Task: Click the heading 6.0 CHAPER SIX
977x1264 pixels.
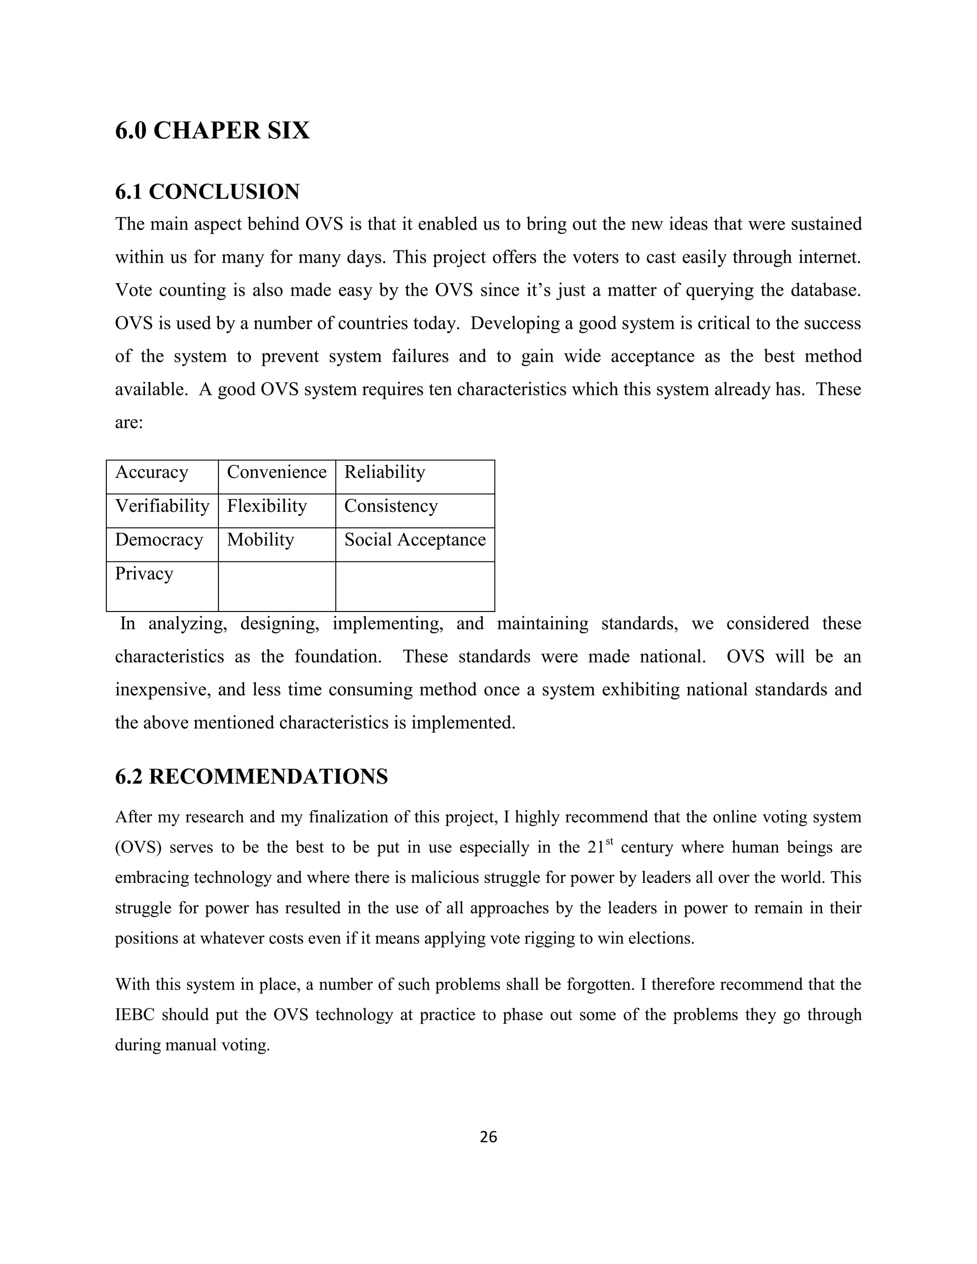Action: (212, 131)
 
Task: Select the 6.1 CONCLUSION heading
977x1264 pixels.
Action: (207, 192)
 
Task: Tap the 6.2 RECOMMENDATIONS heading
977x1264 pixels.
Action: (251, 777)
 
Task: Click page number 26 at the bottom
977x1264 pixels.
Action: (488, 1137)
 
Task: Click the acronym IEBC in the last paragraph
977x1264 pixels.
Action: (134, 1015)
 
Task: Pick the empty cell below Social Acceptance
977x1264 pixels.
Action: (415, 586)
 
